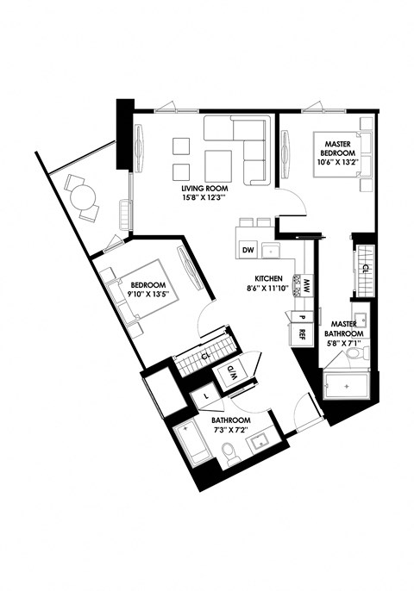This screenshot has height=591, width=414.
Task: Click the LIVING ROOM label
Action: (x=204, y=188)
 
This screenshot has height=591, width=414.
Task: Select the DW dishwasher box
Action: (x=247, y=251)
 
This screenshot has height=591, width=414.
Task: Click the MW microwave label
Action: (x=306, y=283)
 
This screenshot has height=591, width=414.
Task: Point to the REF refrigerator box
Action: (x=303, y=333)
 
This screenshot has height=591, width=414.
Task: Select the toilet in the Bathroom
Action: (x=229, y=452)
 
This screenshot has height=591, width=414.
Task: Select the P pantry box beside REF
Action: (x=291, y=317)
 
